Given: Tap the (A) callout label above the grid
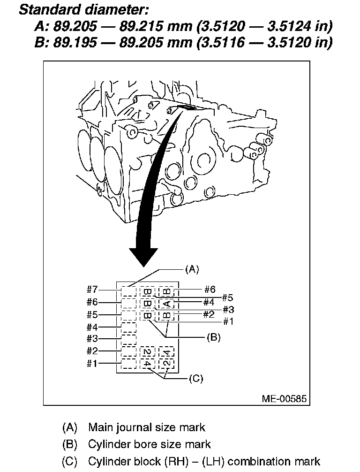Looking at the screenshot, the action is pyautogui.click(x=192, y=269).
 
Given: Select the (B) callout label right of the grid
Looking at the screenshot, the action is pyautogui.click(x=213, y=337).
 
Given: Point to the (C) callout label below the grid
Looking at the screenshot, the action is pyautogui.click(x=195, y=378).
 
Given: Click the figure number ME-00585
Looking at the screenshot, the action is pyautogui.click(x=284, y=399).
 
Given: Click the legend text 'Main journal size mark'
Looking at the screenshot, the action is pyautogui.click(x=147, y=427).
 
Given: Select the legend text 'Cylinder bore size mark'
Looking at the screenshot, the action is pyautogui.click(x=150, y=444).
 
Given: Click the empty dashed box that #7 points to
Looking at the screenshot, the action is pyautogui.click(x=128, y=291).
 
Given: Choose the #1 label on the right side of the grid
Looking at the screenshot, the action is pyautogui.click(x=228, y=321).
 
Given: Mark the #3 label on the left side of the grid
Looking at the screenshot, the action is pyautogui.click(x=92, y=339).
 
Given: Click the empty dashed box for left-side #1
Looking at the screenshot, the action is pyautogui.click(x=128, y=363).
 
